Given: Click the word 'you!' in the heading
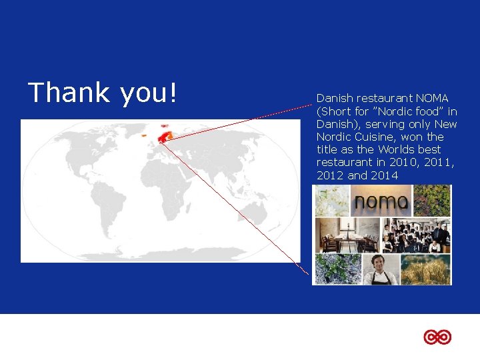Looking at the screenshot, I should [x=149, y=93].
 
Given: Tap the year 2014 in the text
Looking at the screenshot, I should [x=385, y=175].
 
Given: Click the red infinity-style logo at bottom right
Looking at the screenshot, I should [x=437, y=337].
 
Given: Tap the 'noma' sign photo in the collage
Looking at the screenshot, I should [x=381, y=201].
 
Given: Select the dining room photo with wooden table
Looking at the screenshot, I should [x=339, y=235].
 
